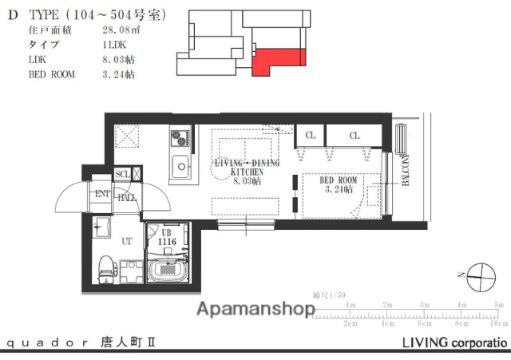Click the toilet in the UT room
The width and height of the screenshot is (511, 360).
coord(105,269)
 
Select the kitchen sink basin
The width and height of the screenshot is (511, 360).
coord(180,168)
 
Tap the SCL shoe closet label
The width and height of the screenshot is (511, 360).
coord(123,174)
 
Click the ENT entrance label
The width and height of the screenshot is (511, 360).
coord(103,193)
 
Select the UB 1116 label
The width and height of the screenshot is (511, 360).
coord(166,236)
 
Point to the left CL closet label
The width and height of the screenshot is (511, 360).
coord(310,136)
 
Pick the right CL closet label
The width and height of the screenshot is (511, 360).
coord(353,136)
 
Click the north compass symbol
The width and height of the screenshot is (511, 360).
coord(480,277)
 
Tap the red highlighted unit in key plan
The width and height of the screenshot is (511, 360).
coord(275,60)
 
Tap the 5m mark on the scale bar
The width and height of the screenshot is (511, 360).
coord(498,305)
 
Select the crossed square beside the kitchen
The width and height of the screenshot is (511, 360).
coord(125,136)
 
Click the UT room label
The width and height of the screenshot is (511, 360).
coord(126,239)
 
